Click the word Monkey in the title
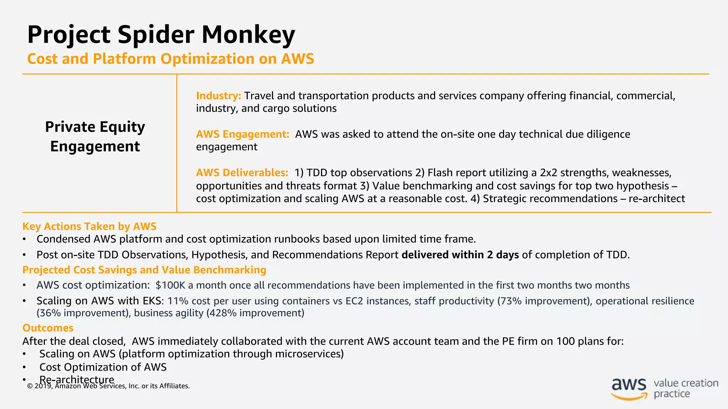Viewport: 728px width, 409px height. [x=248, y=35]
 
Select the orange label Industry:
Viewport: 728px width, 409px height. [x=218, y=96]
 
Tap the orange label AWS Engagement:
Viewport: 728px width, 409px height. [x=242, y=134]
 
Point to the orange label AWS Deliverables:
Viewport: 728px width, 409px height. [x=242, y=173]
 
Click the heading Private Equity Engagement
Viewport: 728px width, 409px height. [x=95, y=136]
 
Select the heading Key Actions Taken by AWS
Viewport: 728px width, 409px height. [x=89, y=227]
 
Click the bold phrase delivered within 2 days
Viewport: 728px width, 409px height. [x=460, y=255]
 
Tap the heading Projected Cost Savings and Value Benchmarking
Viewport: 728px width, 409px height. [x=144, y=270]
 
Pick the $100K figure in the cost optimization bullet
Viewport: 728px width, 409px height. [x=170, y=285]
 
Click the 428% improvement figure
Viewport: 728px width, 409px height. [x=255, y=313]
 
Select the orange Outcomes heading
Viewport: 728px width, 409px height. [x=48, y=328]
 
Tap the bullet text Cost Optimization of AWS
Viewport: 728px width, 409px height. [x=103, y=367]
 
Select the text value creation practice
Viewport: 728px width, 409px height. [x=685, y=388]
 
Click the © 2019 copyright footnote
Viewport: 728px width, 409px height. [x=108, y=386]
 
